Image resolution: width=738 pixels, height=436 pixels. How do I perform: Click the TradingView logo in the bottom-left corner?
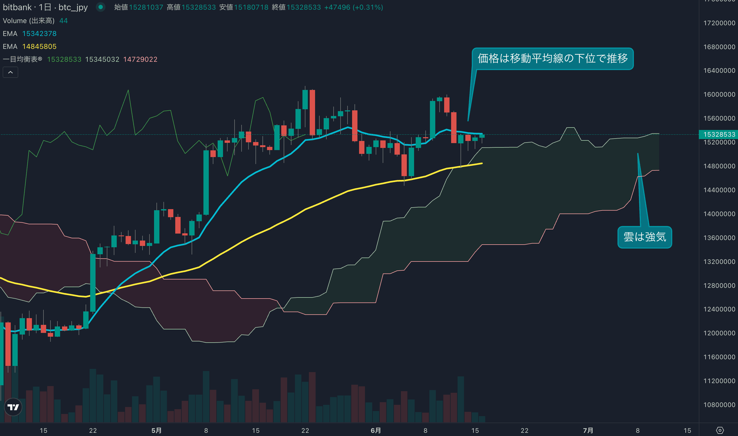pos(13,407)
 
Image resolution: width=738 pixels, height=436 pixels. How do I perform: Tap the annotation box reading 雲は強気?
pos(645,237)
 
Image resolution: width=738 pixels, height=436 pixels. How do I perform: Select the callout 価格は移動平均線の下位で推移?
pos(552,59)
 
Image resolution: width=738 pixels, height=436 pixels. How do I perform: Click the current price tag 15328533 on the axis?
pos(719,134)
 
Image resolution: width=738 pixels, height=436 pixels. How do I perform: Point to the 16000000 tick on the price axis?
pos(719,94)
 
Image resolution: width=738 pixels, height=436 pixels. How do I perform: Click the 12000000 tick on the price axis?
pos(719,333)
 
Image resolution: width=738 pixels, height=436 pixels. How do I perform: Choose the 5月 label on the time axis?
pos(156,430)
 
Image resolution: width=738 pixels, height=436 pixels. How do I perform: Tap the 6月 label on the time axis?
pos(376,430)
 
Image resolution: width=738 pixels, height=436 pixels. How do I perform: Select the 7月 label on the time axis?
pos(588,430)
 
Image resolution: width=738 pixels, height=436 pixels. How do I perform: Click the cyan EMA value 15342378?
pos(39,34)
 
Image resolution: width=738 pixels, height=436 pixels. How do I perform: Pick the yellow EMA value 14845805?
pos(39,46)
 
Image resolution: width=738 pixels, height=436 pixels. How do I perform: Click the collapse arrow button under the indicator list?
pos(10,72)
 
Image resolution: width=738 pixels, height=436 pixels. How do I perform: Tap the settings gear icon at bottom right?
pos(720,430)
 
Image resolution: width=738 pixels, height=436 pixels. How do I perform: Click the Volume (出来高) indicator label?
pos(28,21)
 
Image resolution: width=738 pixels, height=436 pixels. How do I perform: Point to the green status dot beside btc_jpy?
pos(101,7)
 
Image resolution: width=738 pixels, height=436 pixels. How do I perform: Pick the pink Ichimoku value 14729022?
pos(140,59)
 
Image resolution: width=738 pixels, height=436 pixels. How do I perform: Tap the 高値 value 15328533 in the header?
pos(199,7)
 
